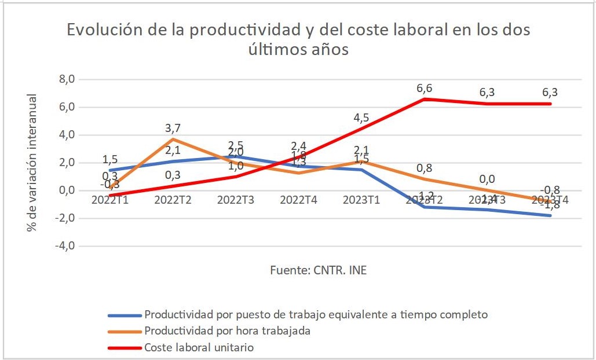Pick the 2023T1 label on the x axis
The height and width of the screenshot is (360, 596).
[x=361, y=200]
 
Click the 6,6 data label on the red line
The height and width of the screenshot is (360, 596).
[x=424, y=88]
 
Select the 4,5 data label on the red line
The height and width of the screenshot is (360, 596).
[x=361, y=117]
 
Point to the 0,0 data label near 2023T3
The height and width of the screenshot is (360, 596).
[x=487, y=179]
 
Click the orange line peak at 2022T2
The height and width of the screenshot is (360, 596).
[x=172, y=139]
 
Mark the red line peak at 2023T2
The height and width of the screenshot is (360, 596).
[x=424, y=99]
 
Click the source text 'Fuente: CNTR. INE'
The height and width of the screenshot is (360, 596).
[x=318, y=270]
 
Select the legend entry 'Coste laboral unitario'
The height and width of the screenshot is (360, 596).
[x=199, y=348]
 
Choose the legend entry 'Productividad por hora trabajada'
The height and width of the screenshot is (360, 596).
[x=227, y=331]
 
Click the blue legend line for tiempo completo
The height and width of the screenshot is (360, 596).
[x=125, y=315]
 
